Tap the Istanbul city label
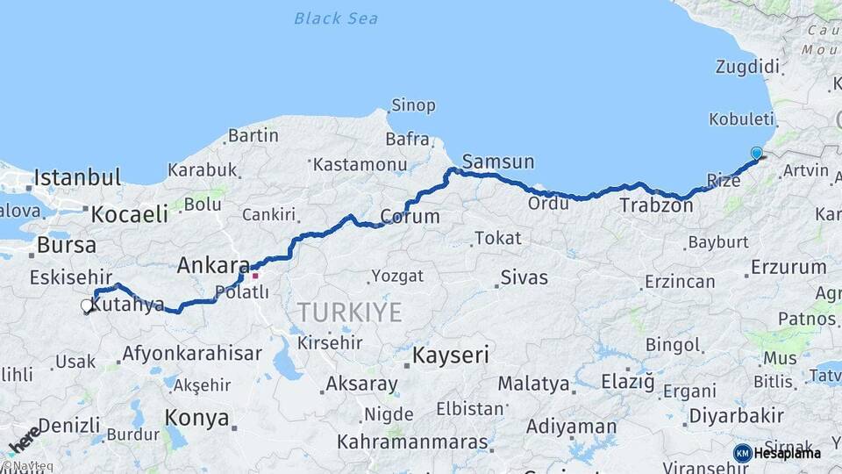coord(77,178)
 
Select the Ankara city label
coord(213,264)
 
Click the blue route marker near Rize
coord(756,153)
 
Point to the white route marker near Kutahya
coord(87,305)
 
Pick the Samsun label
coord(497,162)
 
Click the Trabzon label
coord(656,206)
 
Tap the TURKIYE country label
coord(349,312)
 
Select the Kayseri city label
coord(451,355)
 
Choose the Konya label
coord(197,419)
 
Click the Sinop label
coord(413,106)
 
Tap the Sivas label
coord(524,278)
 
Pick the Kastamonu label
coord(360,164)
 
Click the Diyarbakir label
coord(736,415)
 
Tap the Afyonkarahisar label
coord(192,354)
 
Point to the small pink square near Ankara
coord(255,275)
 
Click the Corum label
coord(410,217)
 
